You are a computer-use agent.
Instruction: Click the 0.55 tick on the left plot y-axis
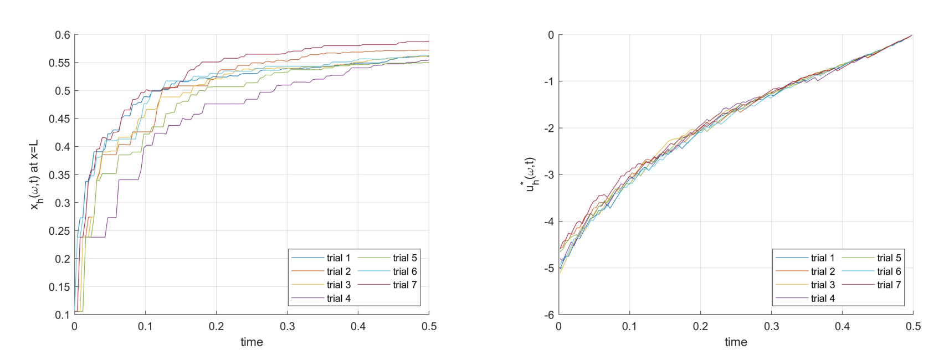[59, 63]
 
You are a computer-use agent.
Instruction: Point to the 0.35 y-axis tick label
[59, 175]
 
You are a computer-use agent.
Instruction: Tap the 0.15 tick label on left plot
[59, 287]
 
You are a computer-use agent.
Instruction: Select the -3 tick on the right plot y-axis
[550, 175]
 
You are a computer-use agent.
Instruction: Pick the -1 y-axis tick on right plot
[550, 82]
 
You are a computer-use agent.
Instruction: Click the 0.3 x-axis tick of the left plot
[287, 327]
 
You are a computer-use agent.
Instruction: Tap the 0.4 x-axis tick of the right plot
[842, 327]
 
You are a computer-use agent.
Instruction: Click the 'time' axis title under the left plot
[252, 342]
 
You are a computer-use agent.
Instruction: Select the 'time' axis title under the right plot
[736, 342]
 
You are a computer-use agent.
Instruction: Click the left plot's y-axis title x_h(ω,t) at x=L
[35, 174]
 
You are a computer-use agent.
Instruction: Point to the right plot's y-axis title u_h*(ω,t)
[531, 174]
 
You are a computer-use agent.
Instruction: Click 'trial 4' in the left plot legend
[338, 299]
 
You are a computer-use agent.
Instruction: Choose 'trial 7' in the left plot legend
[405, 285]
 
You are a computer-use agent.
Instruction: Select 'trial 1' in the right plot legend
[823, 258]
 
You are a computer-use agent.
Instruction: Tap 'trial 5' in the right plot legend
[889, 258]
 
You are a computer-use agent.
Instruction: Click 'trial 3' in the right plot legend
[823, 285]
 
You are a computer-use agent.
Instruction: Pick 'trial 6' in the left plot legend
[405, 271]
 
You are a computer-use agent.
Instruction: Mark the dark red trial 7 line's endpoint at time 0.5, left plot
[429, 42]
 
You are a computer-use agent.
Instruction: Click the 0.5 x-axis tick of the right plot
[913, 327]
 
